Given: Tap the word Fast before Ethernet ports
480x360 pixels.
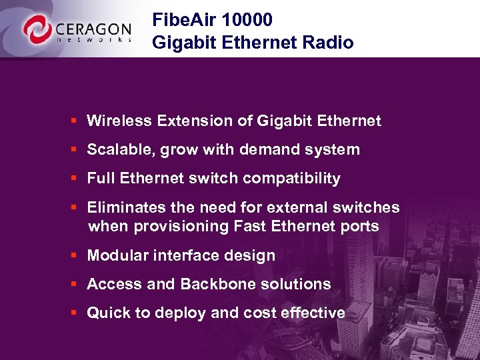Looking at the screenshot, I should click(251, 227).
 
